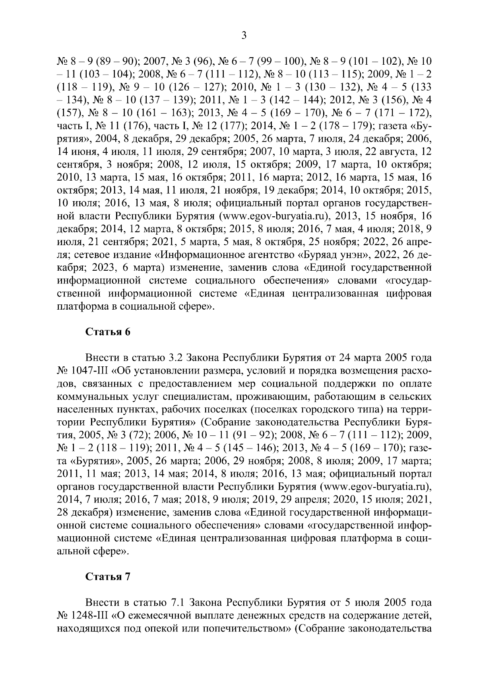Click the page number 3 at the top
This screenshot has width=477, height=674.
(x=244, y=36)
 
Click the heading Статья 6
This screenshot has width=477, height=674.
(x=108, y=332)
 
